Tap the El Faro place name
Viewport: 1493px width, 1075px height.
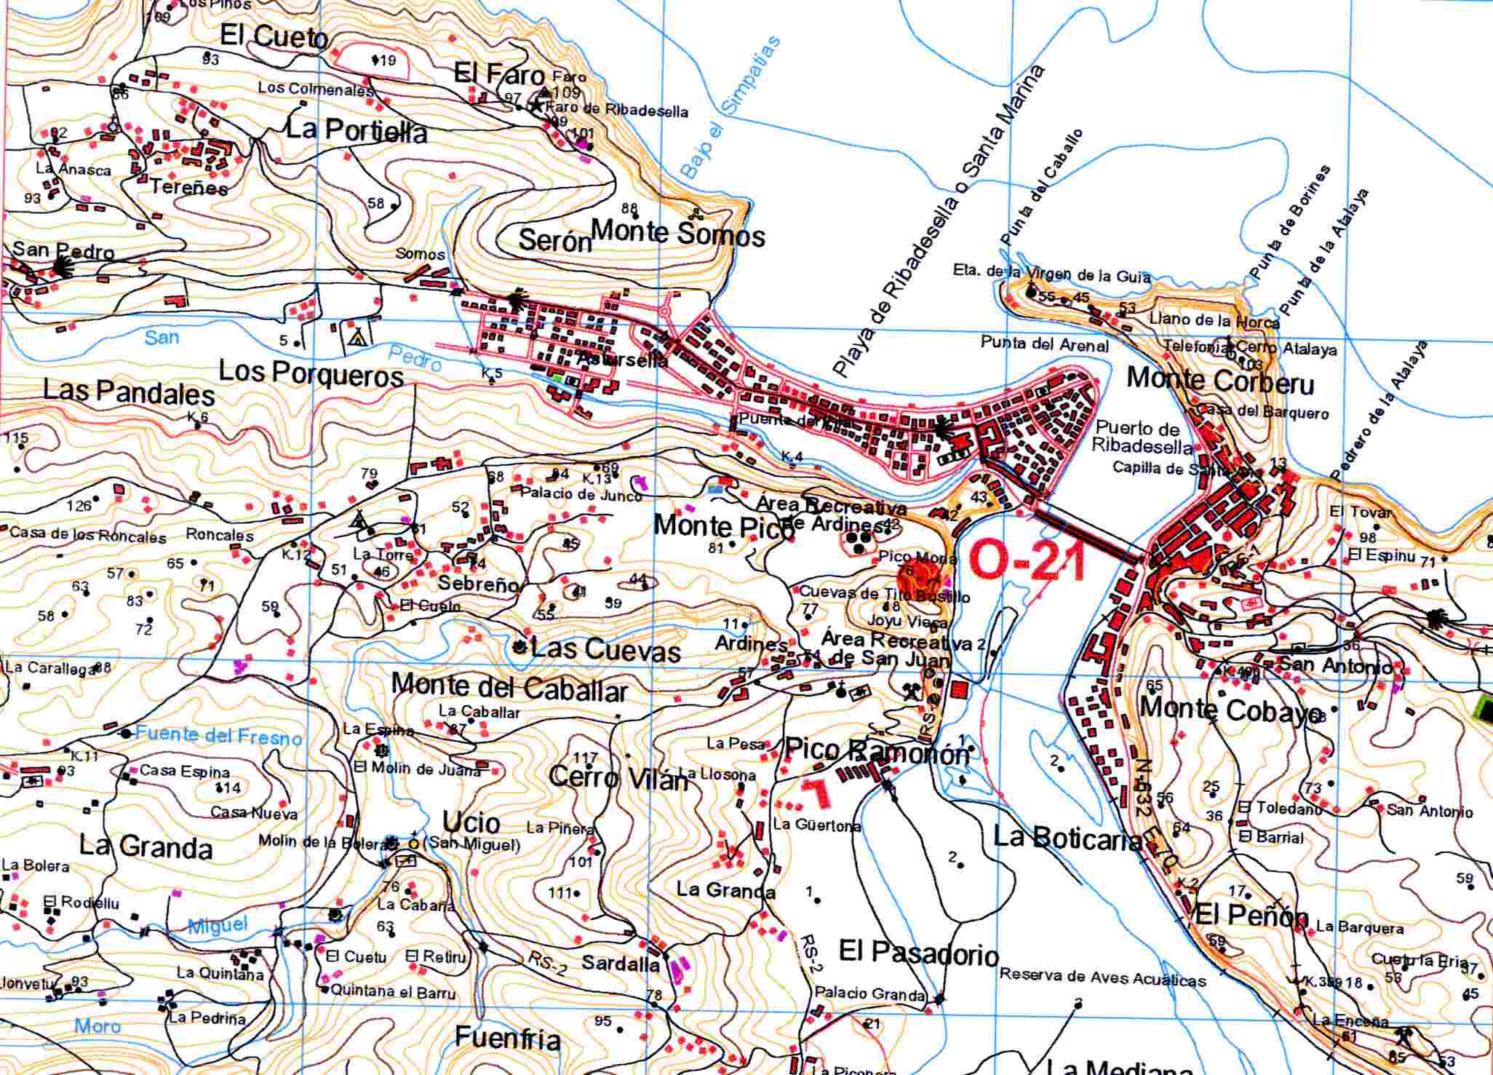[498, 74]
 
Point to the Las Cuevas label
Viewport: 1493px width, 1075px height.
[605, 649]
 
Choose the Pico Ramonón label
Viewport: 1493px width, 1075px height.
[877, 752]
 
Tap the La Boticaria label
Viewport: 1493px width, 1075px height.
[1067, 839]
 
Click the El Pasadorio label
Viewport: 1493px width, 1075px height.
[918, 951]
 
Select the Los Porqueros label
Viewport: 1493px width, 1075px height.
[311, 373]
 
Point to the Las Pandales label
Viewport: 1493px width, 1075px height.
[129, 392]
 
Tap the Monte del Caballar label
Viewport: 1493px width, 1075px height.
[509, 687]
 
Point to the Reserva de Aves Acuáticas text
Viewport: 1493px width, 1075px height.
[1102, 978]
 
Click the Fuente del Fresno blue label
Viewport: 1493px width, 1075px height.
[218, 736]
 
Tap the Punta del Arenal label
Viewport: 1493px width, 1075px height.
[1044, 344]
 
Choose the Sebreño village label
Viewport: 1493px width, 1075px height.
[478, 584]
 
